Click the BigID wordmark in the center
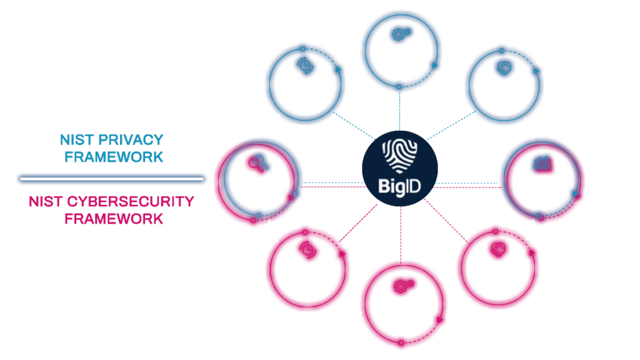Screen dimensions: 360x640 [x=400, y=186]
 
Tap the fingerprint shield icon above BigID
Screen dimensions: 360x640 [x=400, y=155]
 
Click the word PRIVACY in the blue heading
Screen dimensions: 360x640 [x=132, y=139]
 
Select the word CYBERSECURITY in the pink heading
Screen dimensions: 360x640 [x=126, y=202]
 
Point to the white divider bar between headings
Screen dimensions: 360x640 [x=111, y=179]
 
